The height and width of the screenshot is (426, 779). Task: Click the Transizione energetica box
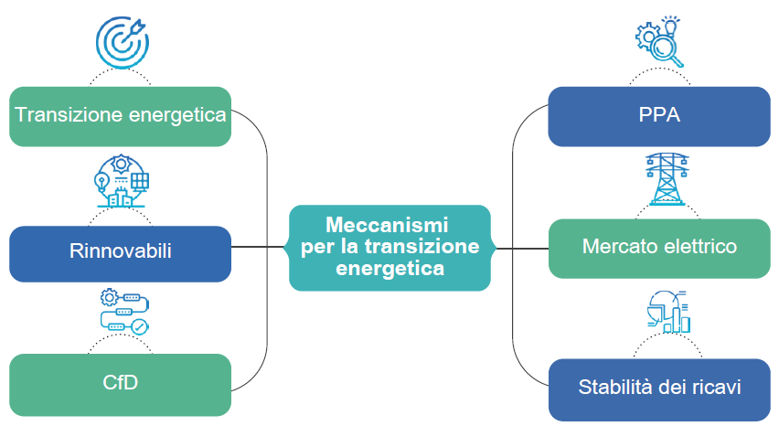[120, 116]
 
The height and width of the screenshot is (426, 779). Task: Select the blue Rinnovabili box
[120, 250]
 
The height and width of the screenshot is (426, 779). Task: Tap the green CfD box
[120, 381]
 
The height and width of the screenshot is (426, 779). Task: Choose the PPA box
[659, 116]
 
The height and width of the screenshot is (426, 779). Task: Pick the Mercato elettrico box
[659, 248]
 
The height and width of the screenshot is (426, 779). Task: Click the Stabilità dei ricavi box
[659, 388]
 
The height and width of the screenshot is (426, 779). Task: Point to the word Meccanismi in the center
[388, 225]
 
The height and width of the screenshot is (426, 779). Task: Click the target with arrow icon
[122, 38]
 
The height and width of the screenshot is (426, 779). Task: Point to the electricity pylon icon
[659, 178]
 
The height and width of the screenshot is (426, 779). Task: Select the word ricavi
[717, 388]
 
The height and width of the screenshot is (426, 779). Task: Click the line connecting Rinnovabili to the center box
[261, 247]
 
